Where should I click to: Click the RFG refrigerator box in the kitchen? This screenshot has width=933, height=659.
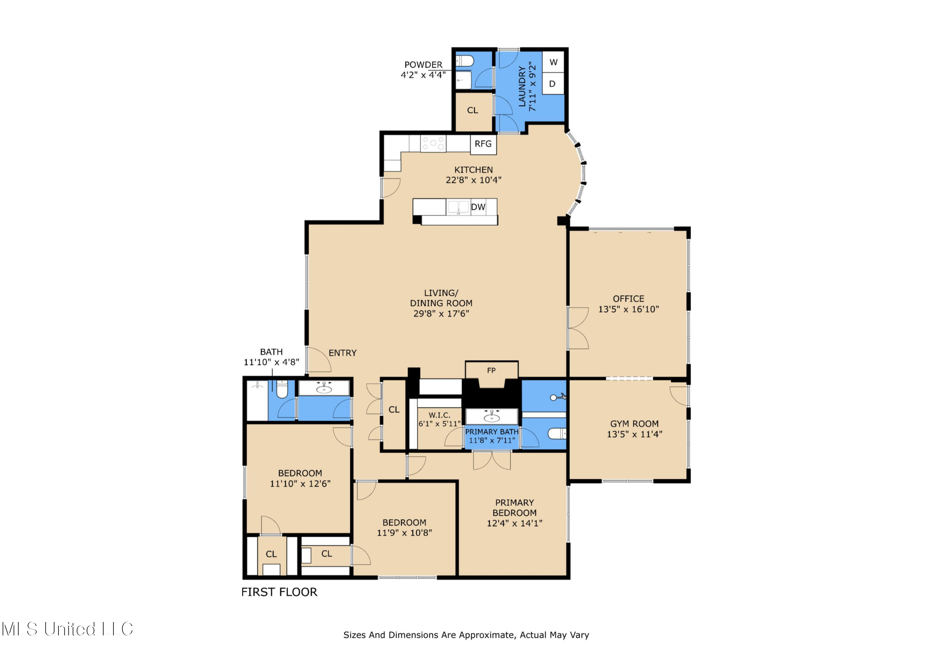tap(483, 144)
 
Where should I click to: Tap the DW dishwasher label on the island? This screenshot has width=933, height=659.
tap(478, 207)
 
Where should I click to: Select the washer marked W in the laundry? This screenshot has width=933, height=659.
tap(553, 62)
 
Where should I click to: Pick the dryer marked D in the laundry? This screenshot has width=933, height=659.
tap(552, 84)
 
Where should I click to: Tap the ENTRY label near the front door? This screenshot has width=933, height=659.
tap(342, 353)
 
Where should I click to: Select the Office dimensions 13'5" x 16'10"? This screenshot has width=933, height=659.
tap(628, 309)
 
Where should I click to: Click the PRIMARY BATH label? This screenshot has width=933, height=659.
tap(492, 432)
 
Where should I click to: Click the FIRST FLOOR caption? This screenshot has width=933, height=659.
tap(279, 592)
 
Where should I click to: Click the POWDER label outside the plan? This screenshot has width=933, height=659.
tap(423, 65)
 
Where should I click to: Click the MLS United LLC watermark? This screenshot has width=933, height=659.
tap(67, 629)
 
